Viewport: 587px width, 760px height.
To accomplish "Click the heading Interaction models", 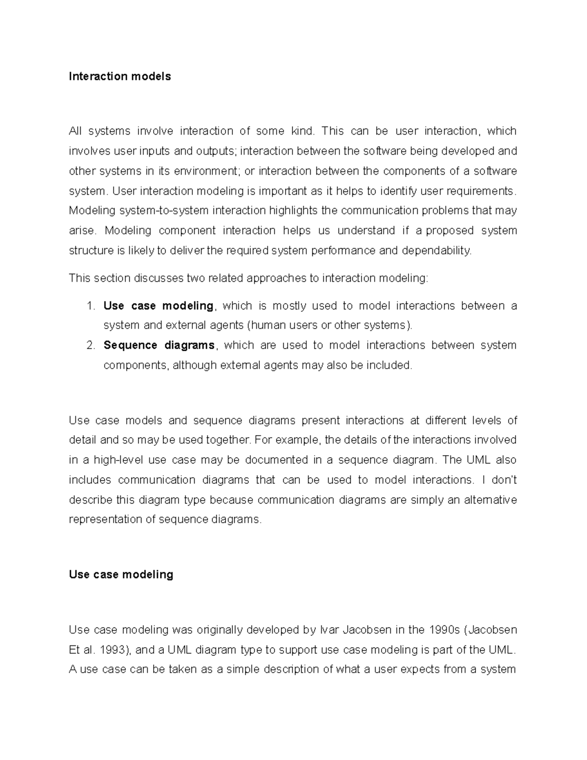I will (x=120, y=76).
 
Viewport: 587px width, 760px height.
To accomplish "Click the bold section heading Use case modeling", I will (x=121, y=575).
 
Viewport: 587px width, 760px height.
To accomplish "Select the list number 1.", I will (x=90, y=306).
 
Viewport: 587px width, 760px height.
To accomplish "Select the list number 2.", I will (x=90, y=345).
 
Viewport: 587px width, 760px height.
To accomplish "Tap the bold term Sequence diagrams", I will (x=159, y=345).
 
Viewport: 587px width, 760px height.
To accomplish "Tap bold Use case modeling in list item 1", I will (x=158, y=306).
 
